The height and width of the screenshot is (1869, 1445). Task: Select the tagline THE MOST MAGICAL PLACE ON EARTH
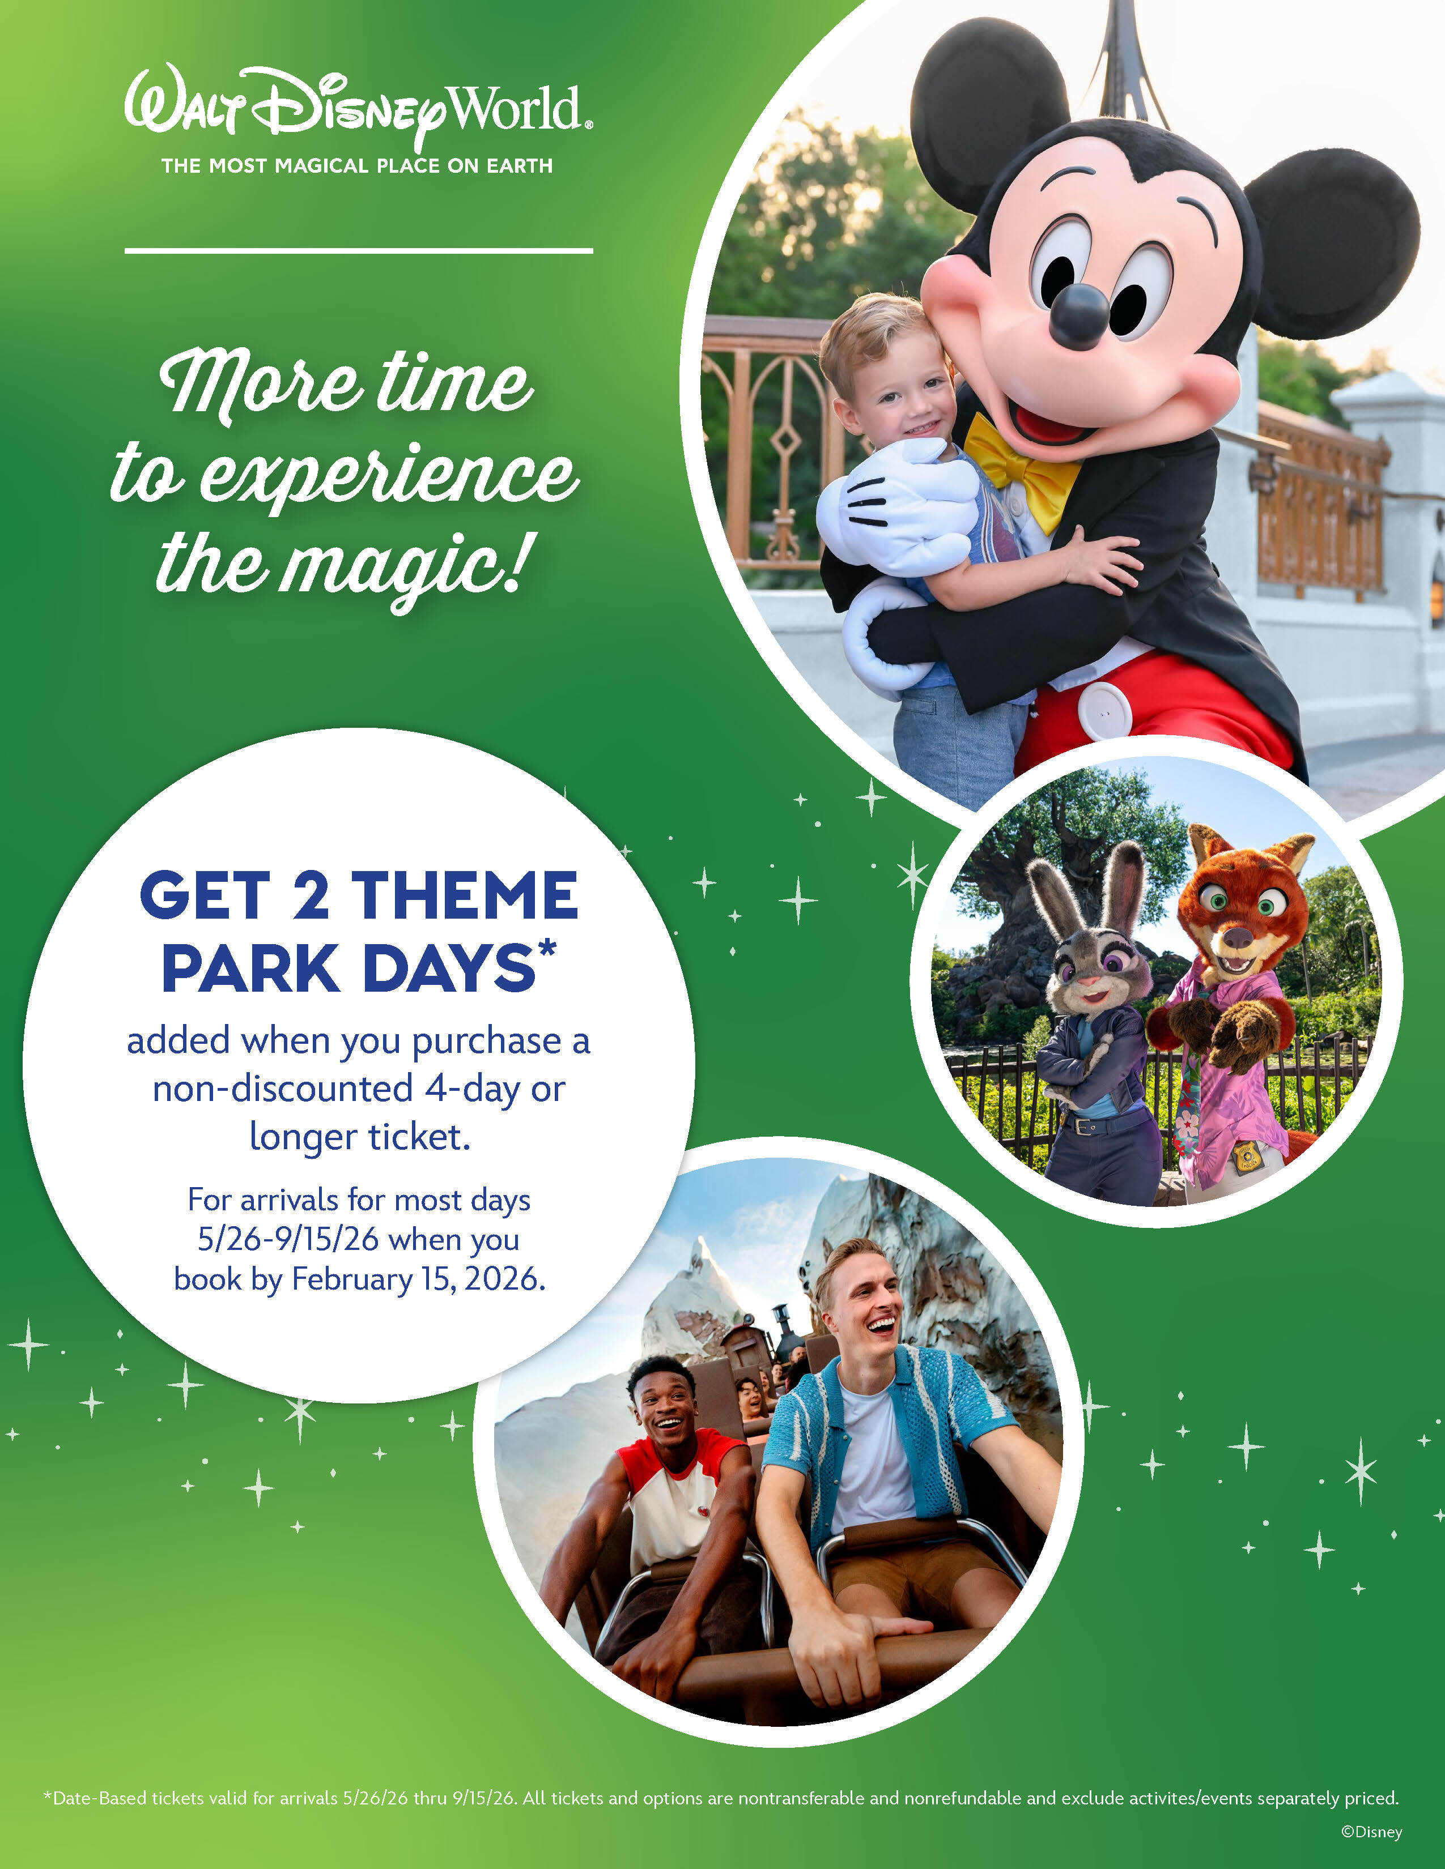pyautogui.click(x=358, y=166)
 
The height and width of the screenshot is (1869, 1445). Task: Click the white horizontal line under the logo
pyautogui.click(x=359, y=251)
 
